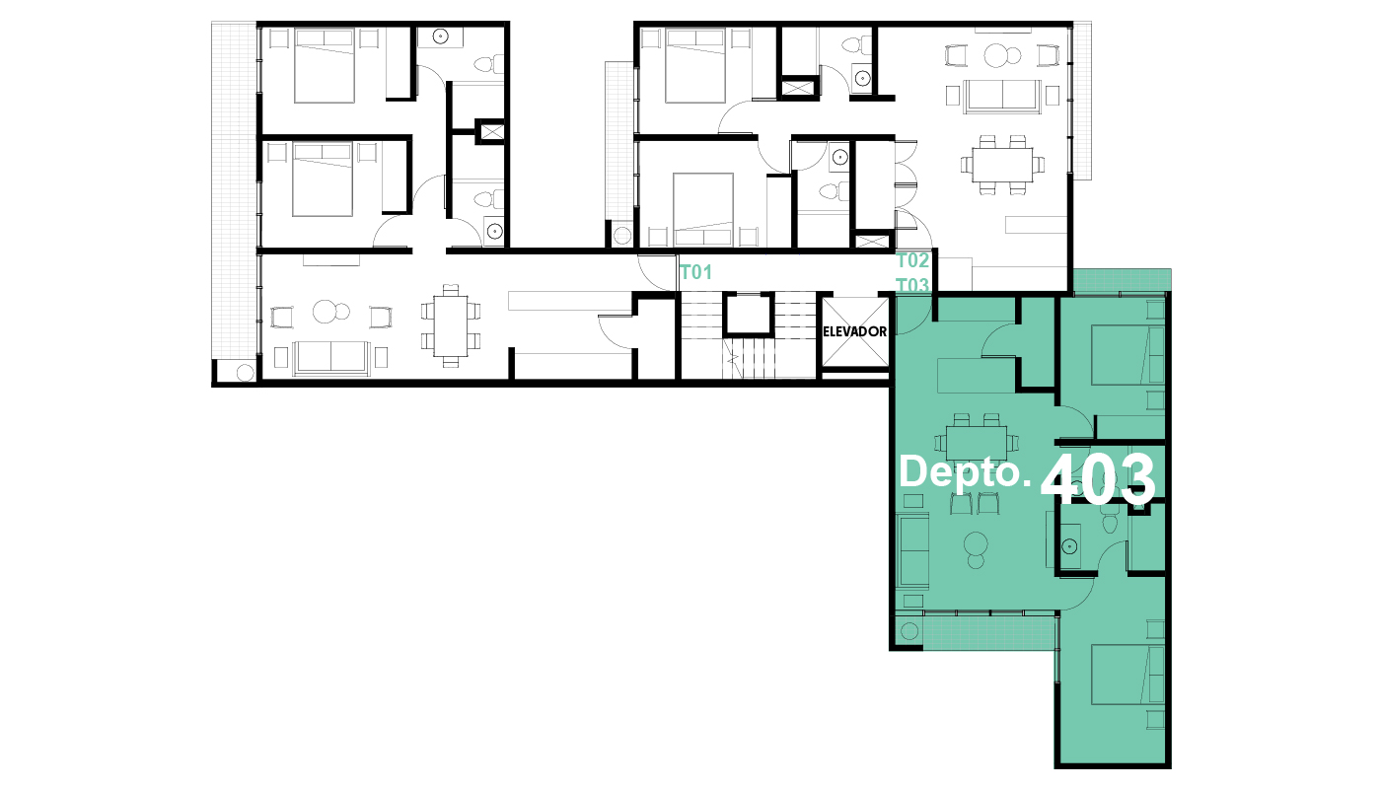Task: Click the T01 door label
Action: (x=696, y=272)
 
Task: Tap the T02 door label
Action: (x=912, y=260)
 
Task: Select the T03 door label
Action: (x=912, y=285)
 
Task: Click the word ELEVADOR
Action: (x=855, y=331)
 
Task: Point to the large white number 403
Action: (x=1098, y=479)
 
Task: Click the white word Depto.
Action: (x=965, y=472)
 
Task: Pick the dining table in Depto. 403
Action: (x=977, y=443)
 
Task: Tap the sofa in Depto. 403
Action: (x=913, y=550)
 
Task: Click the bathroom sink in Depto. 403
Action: (x=1069, y=546)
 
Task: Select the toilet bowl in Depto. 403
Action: (x=1110, y=524)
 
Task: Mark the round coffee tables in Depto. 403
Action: (x=976, y=550)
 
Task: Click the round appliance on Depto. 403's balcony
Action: (x=909, y=630)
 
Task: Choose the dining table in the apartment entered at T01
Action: (x=451, y=326)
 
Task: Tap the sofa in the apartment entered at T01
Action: (x=331, y=358)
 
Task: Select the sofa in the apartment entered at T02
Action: (x=1002, y=97)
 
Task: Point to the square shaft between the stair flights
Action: (x=748, y=315)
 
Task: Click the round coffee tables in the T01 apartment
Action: (x=331, y=312)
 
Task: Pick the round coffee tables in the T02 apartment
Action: (x=1002, y=55)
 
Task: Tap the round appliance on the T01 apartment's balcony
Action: (x=246, y=373)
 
